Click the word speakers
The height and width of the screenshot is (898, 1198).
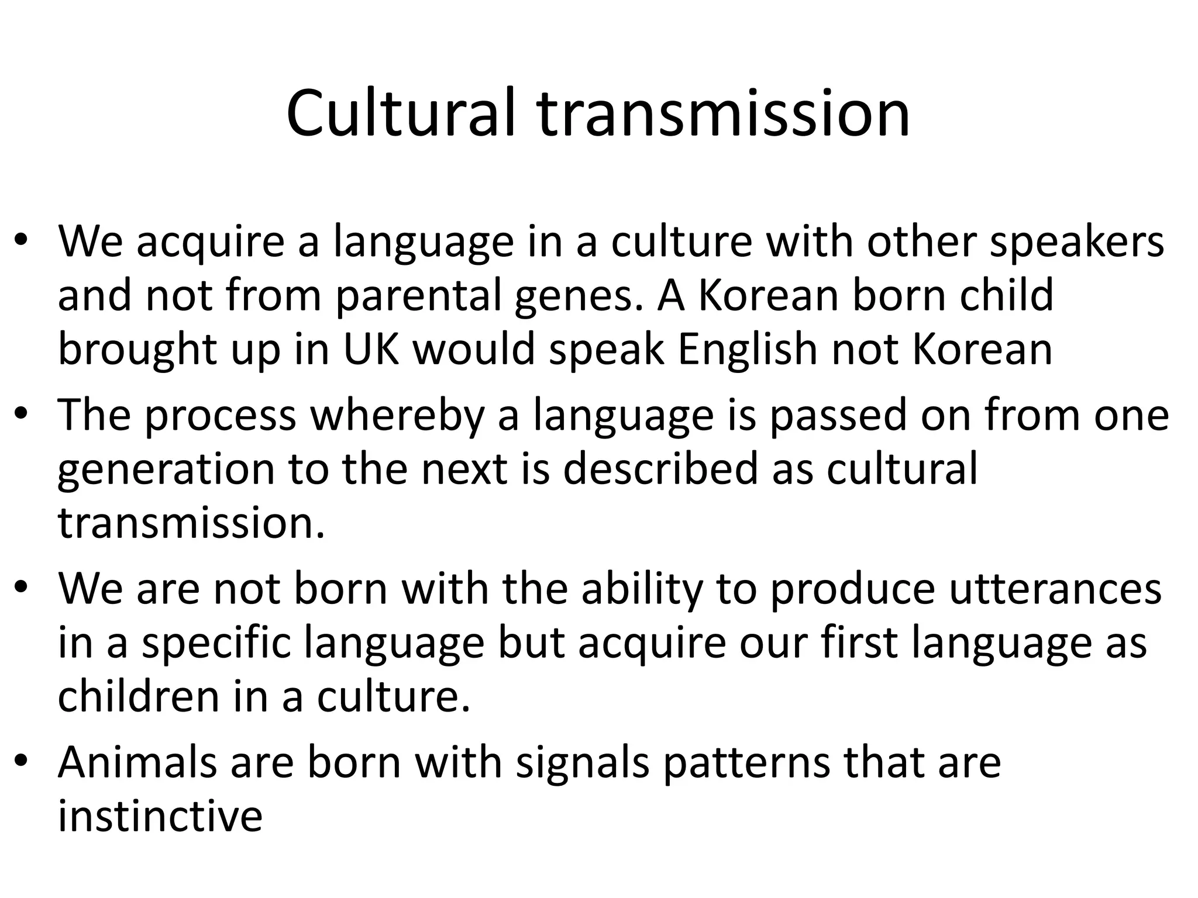tap(1077, 243)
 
